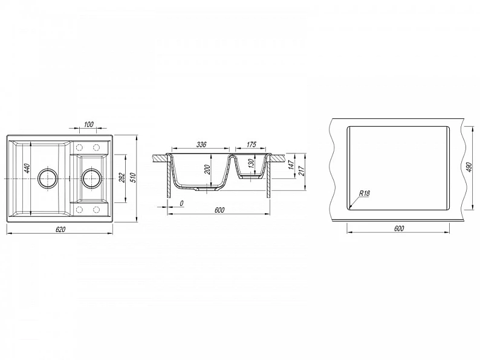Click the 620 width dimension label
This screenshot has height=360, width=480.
pos(60,229)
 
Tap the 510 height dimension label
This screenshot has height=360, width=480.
pos(133,178)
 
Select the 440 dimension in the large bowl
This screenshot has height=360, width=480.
pos(27,169)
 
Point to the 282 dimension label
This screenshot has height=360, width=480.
pos(122,178)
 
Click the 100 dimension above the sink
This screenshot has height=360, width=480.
pos(88,124)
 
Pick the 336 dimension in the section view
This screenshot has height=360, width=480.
pos(201,144)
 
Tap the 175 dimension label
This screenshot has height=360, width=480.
pos(251,144)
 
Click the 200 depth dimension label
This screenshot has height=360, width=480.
pos(207,169)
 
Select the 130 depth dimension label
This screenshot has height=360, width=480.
pos(251,164)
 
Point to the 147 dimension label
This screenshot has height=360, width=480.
pos(291,164)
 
